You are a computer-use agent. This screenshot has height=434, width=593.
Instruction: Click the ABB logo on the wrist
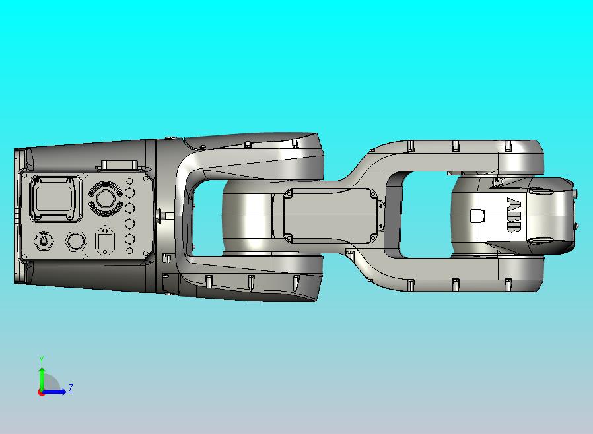[513, 214]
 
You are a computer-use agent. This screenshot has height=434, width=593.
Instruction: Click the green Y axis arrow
[42, 378]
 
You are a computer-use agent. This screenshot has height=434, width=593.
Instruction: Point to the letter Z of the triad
[71, 388]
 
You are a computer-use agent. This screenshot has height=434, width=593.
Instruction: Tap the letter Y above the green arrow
[42, 359]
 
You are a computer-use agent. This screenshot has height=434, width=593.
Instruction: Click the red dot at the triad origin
[41, 392]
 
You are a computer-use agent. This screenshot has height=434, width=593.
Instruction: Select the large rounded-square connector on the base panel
[57, 199]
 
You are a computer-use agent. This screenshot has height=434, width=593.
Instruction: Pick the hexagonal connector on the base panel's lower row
[76, 241]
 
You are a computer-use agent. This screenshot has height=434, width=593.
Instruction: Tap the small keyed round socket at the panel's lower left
[44, 241]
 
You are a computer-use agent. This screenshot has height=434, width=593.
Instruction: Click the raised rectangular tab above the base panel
[119, 166]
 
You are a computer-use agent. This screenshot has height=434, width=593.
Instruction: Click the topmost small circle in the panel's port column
[129, 181]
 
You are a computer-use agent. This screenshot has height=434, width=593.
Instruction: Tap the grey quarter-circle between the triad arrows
[52, 384]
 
